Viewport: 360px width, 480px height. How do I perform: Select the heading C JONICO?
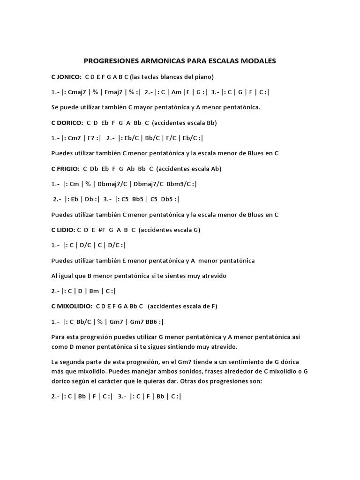[x=66, y=76]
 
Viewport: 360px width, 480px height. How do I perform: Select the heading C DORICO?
[x=67, y=123]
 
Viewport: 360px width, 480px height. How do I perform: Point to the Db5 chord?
[x=166, y=199]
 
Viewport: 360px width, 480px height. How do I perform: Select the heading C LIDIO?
[x=63, y=230]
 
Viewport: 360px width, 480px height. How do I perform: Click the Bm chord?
[x=94, y=291]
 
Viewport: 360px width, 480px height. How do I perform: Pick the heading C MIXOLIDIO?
[x=71, y=306]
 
